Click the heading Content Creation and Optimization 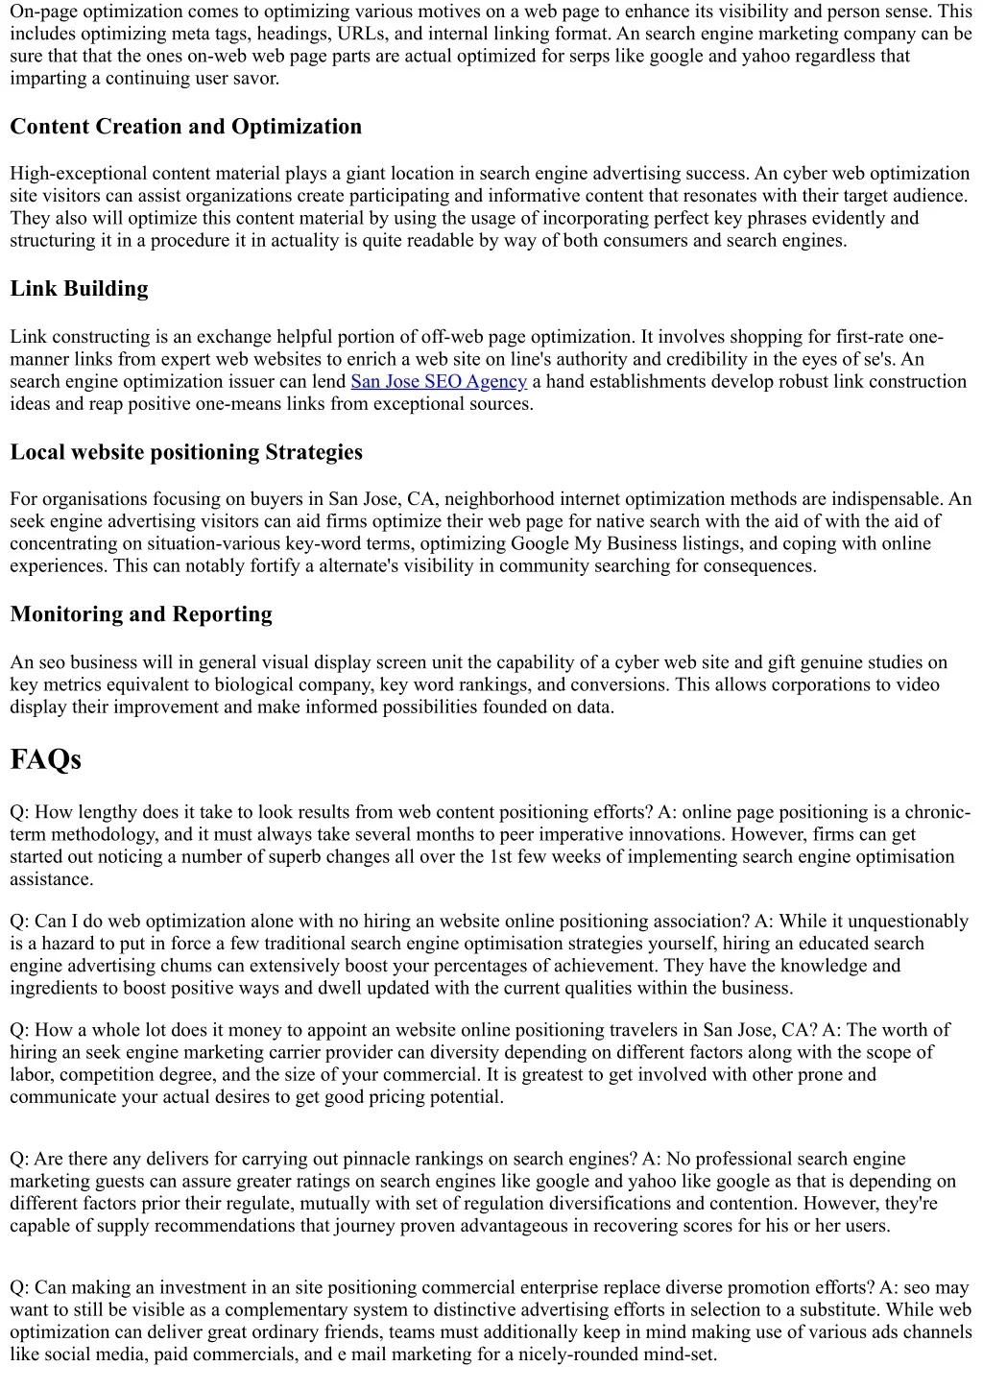[x=185, y=127]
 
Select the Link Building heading [x=79, y=289]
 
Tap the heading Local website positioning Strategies [x=186, y=452]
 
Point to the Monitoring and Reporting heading [x=141, y=614]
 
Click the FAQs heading [x=45, y=759]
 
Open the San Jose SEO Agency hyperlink [x=439, y=381]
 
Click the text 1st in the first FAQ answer [x=500, y=856]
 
